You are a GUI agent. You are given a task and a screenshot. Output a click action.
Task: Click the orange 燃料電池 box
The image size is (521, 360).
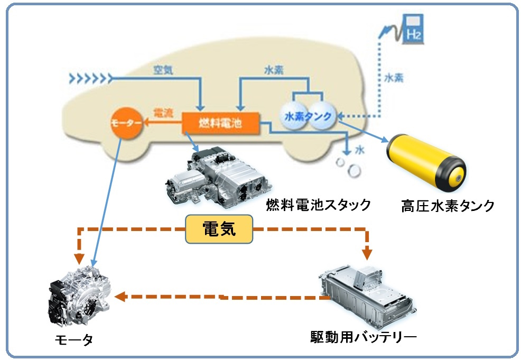pos(220,123)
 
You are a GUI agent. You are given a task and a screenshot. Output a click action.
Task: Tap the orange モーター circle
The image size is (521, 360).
pos(126,123)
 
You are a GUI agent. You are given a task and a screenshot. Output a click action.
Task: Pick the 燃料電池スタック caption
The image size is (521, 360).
pos(318,205)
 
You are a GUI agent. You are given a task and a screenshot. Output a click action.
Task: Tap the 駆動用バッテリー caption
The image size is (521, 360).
pos(364,336)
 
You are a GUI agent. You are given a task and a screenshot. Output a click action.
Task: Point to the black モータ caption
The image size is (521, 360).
pos(75,340)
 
